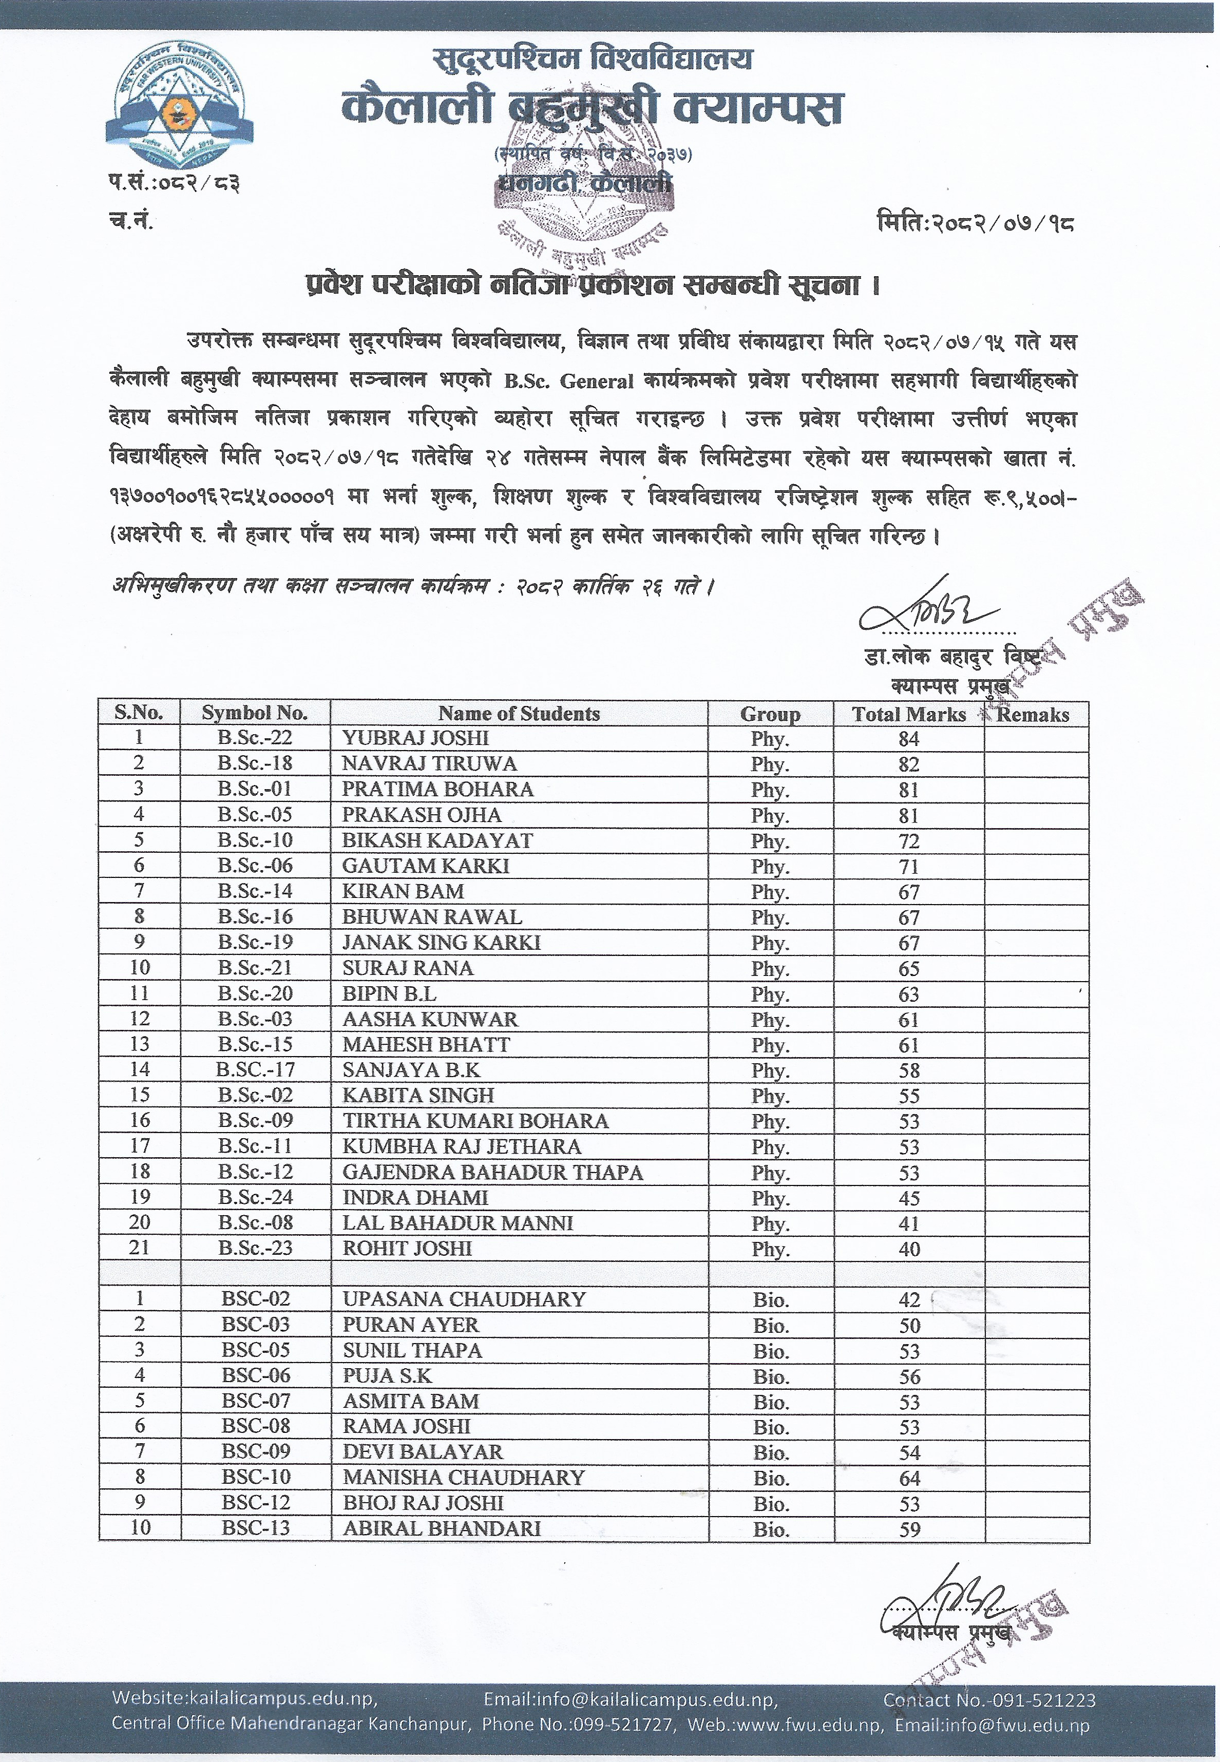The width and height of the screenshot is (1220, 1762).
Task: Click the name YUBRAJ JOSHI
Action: pos(415,738)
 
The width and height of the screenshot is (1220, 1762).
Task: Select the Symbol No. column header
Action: pos(255,713)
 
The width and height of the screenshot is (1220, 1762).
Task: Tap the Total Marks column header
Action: pos(909,715)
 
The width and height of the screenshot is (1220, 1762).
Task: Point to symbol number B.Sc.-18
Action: pos(255,763)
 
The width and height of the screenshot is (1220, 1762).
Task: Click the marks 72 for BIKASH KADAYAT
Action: pos(909,841)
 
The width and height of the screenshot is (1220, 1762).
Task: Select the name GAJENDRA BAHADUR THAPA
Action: pos(492,1172)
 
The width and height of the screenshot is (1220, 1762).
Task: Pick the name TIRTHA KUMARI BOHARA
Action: pos(474,1121)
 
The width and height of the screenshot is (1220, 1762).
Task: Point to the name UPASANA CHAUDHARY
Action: pos(464,1299)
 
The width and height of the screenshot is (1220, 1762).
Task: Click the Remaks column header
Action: pos(1034,715)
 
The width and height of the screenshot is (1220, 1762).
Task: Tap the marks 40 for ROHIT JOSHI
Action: pos(909,1249)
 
